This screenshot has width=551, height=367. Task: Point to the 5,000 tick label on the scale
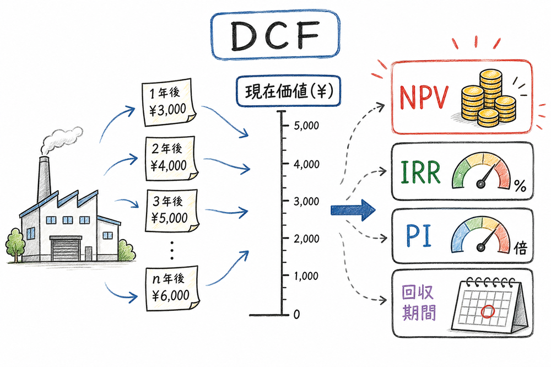click(x=306, y=126)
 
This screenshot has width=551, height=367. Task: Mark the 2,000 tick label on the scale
click(x=306, y=239)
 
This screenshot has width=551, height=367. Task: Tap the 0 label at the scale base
click(x=296, y=314)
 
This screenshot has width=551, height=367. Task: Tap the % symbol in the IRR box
click(x=520, y=187)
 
